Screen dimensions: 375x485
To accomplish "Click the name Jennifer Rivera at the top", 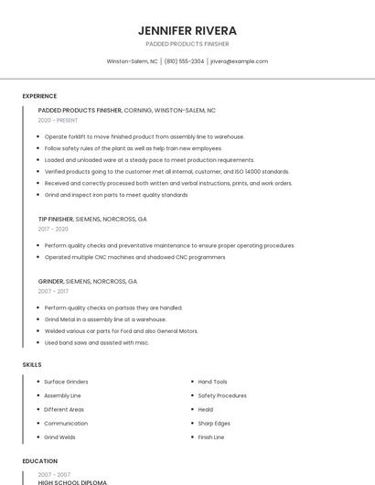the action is point(187,30).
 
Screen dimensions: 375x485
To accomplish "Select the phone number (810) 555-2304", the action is point(184,61).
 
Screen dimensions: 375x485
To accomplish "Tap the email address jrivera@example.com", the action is point(239,61).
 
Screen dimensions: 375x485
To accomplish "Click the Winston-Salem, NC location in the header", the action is point(132,61).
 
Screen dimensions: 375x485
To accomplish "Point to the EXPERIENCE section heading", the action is point(39,96).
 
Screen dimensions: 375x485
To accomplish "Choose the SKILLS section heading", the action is point(32,364).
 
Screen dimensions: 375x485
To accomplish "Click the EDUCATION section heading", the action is point(39,461).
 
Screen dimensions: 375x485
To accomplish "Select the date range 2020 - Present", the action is point(58,120).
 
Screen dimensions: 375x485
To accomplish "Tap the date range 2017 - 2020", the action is point(54,229).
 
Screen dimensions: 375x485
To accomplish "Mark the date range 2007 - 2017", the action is point(53,291).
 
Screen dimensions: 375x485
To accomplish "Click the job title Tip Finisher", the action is point(55,220).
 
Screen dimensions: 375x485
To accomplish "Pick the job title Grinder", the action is point(50,281).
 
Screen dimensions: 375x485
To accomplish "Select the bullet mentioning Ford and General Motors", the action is point(121,331).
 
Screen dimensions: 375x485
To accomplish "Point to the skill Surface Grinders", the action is point(66,382).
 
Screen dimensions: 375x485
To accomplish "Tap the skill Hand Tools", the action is point(212,382).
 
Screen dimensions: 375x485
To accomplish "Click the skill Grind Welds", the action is point(60,437).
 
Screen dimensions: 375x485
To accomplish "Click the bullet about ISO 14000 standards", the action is point(166,171).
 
